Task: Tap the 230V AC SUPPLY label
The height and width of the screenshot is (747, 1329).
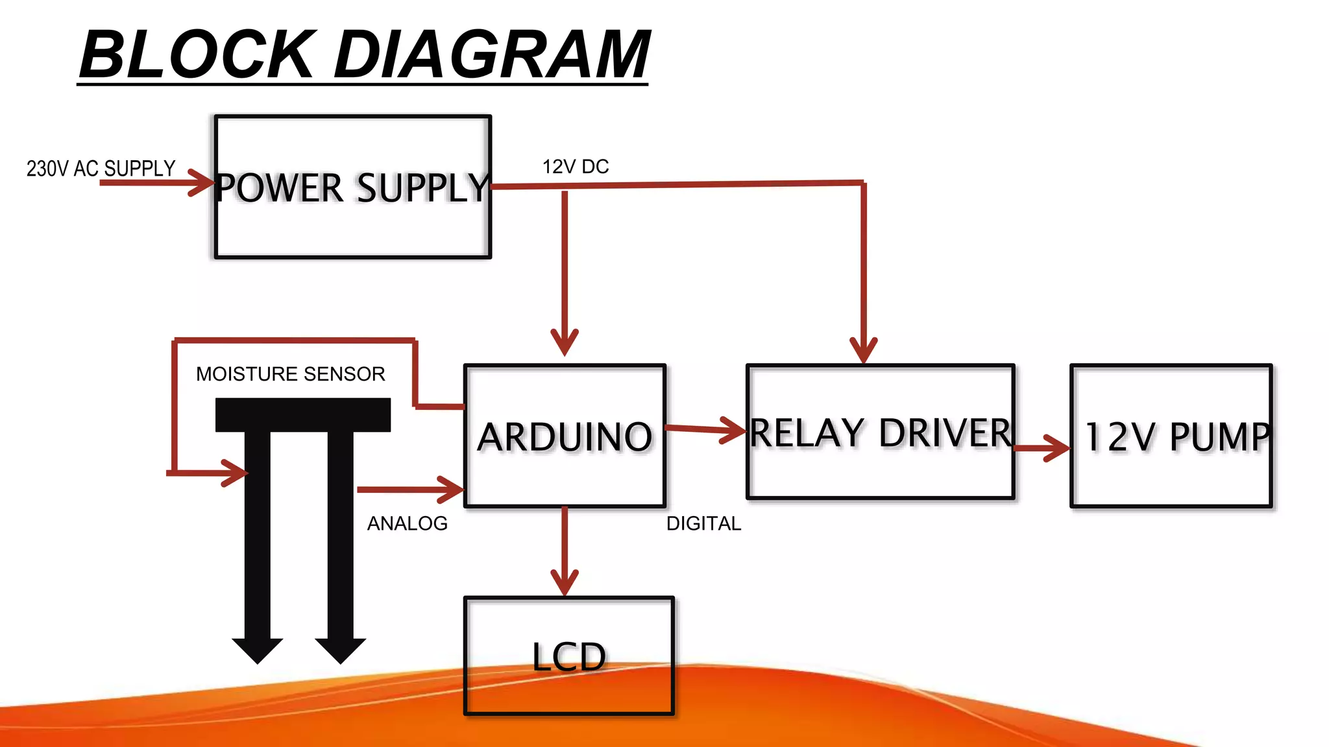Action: [101, 169]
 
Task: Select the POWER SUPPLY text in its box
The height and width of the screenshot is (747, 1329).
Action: [352, 188]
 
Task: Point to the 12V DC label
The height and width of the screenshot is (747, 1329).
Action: [576, 167]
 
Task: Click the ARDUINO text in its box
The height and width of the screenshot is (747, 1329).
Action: [565, 436]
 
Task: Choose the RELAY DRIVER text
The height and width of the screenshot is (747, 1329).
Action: [881, 433]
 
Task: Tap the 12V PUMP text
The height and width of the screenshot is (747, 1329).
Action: [1177, 436]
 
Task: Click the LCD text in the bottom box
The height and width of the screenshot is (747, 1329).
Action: [569, 657]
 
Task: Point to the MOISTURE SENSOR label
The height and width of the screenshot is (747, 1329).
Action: [291, 374]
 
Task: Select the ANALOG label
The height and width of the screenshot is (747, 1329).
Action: [408, 523]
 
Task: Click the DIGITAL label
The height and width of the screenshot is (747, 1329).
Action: [703, 523]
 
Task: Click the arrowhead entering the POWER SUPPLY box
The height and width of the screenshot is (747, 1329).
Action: [203, 183]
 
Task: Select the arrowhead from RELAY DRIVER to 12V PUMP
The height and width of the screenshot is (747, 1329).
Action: [1059, 447]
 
